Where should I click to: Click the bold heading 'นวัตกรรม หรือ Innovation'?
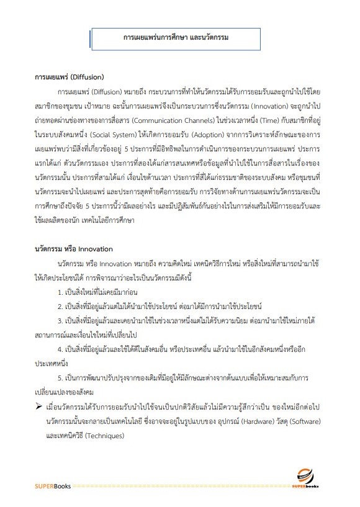(x=74, y=249)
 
